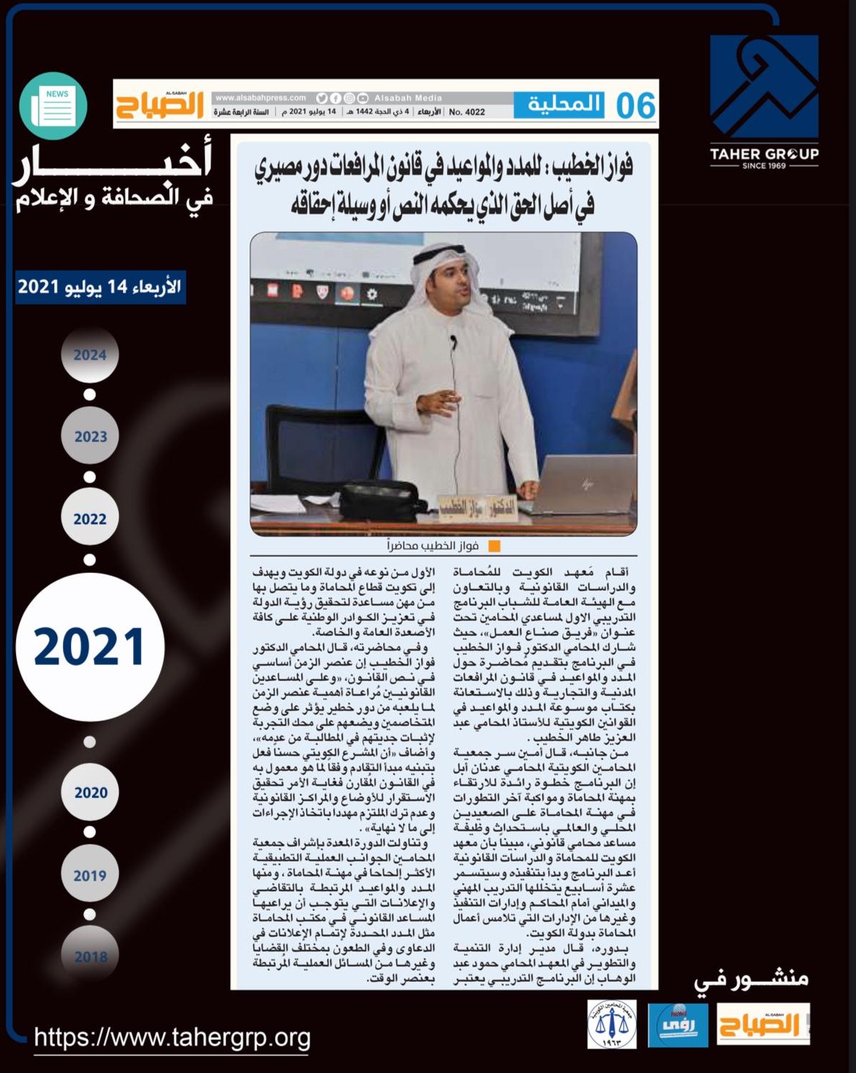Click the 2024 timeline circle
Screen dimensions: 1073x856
(x=90, y=355)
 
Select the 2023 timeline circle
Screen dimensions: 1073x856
(x=90, y=436)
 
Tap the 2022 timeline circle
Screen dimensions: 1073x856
(x=90, y=518)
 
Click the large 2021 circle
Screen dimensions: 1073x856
(x=90, y=646)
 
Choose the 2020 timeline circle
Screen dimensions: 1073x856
(x=90, y=792)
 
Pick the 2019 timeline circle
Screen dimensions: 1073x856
(x=90, y=875)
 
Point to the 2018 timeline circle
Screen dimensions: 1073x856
(x=90, y=956)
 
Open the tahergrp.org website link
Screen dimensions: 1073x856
(x=172, y=1038)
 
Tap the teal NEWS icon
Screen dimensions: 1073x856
(x=54, y=106)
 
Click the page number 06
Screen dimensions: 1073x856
(x=635, y=106)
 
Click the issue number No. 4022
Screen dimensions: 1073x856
(x=467, y=112)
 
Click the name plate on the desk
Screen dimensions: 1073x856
(x=478, y=507)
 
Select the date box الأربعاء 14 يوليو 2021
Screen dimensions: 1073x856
(x=100, y=287)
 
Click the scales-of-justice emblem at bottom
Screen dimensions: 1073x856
(x=612, y=1024)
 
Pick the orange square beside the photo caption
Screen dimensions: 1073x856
(x=494, y=546)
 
